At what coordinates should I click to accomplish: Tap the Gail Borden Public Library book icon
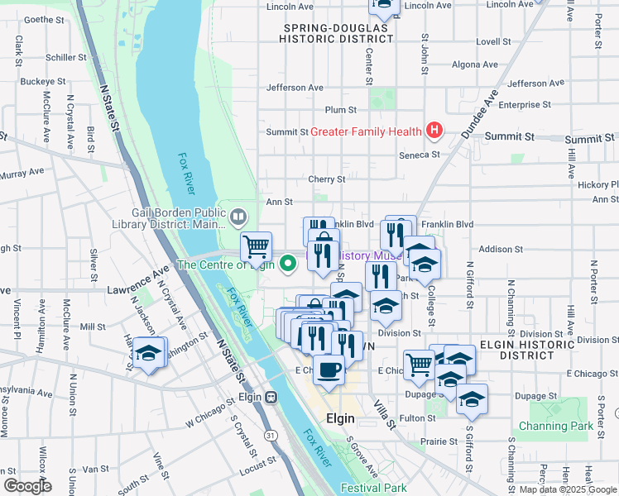pyautogui.click(x=238, y=217)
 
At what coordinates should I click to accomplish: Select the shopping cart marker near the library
pyautogui.click(x=257, y=245)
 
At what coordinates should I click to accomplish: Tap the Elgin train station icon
pyautogui.click(x=271, y=396)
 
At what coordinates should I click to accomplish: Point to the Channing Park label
pyautogui.click(x=556, y=427)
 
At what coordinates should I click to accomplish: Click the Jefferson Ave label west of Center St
pyautogui.click(x=295, y=88)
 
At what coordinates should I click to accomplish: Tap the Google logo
pyautogui.click(x=26, y=486)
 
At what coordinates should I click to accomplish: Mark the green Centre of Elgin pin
pyautogui.click(x=288, y=265)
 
